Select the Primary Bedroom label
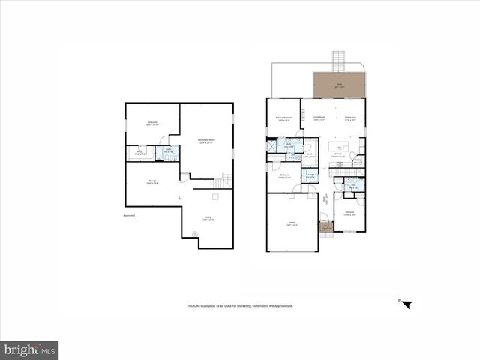(283, 118)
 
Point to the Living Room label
(319, 118)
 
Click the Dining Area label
(349, 118)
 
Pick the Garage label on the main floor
(292, 223)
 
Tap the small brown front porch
(325, 226)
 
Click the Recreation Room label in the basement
(206, 140)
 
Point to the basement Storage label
(151, 182)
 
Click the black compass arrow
(406, 304)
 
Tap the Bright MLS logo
(29, 350)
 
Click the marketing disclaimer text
(239, 305)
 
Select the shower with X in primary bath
(271, 146)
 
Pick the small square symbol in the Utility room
(215, 196)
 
